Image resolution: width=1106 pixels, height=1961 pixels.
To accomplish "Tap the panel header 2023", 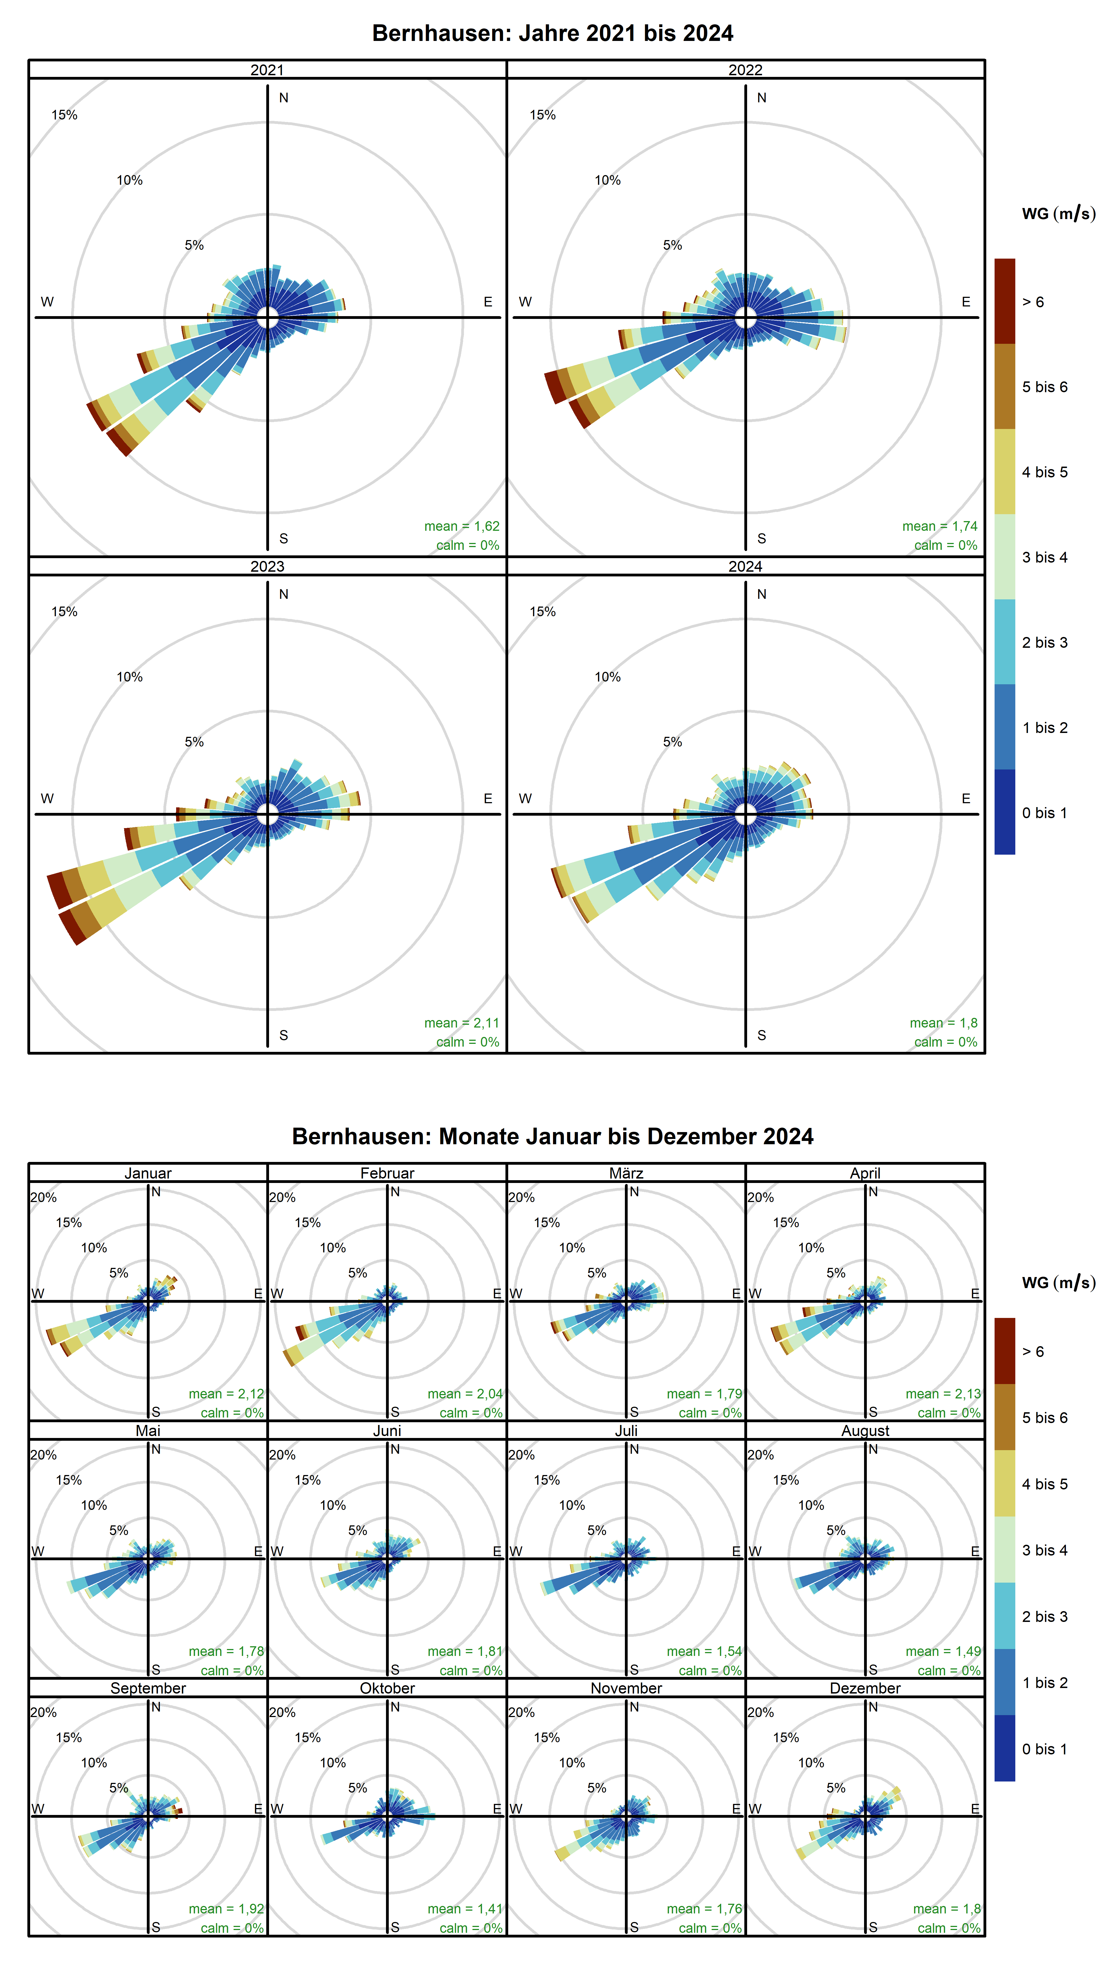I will pyautogui.click(x=267, y=566).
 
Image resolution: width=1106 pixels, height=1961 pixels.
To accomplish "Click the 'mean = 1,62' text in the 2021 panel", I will pyautogui.click(x=461, y=526).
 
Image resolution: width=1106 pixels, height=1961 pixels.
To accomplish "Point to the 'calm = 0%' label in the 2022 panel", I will pyautogui.click(x=945, y=545).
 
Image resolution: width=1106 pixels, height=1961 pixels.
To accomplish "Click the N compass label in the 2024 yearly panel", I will pyautogui.click(x=761, y=594).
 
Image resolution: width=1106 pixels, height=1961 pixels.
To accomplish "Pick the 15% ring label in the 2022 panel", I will pyautogui.click(x=543, y=115).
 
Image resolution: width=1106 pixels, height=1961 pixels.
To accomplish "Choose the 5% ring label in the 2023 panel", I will pyautogui.click(x=194, y=742).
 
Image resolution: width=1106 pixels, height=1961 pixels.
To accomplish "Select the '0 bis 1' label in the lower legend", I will pyautogui.click(x=1044, y=1749).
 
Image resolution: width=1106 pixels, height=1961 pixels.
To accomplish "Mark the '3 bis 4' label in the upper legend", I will pyautogui.click(x=1044, y=557).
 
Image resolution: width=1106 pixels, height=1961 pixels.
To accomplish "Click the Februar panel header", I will pyautogui.click(x=387, y=1173).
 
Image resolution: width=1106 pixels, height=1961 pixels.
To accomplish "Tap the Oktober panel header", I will pyautogui.click(x=387, y=1688).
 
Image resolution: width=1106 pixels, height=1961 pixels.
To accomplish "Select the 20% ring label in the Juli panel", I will pyautogui.click(x=521, y=1455).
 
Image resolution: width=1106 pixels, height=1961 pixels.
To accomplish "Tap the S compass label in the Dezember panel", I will pyautogui.click(x=873, y=1927).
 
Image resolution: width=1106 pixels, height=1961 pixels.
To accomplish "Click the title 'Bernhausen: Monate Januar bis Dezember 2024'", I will pyautogui.click(x=553, y=1136).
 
